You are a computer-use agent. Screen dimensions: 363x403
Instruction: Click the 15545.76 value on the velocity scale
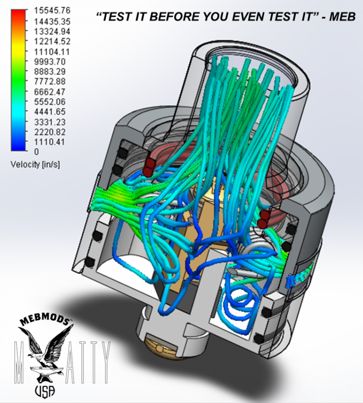(52, 10)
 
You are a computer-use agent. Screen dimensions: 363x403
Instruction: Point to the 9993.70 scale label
(50, 61)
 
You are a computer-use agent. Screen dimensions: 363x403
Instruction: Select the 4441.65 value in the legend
(50, 112)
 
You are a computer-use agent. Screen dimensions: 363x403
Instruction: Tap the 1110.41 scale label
(50, 142)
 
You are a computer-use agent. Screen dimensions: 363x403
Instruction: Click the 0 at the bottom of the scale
(37, 152)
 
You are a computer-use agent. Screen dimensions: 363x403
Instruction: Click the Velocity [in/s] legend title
(35, 164)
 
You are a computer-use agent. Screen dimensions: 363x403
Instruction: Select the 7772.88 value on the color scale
(50, 81)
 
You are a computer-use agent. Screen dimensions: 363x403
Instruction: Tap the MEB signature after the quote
(342, 17)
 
